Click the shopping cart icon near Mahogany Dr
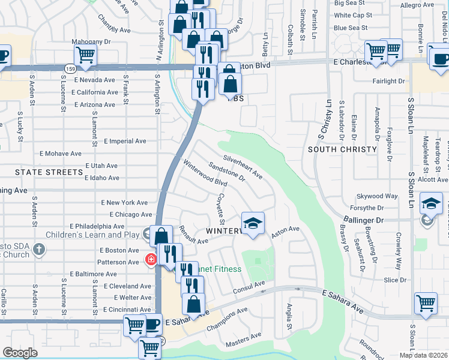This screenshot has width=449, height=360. click(86, 55)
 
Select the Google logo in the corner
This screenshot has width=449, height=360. click(20, 353)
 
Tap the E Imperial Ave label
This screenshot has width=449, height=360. click(125, 142)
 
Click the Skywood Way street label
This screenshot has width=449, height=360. click(377, 196)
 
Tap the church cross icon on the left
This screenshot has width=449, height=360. click(39, 248)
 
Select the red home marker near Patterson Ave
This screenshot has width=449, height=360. click(151, 260)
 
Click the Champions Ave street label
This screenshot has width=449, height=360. click(227, 320)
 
